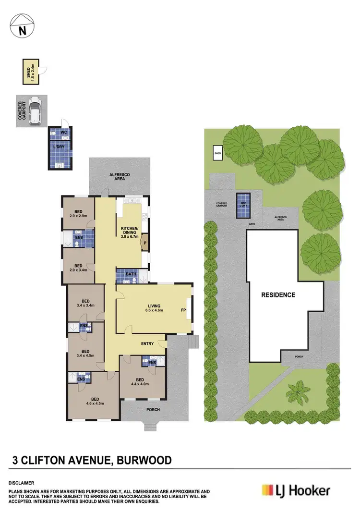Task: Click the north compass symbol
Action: tap(21, 26)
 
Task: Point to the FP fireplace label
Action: tap(183, 310)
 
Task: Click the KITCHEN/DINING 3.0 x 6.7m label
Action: tap(130, 232)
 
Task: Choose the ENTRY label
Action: tap(147, 343)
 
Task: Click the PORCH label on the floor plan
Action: tap(152, 410)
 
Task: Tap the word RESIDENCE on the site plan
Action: tap(278, 295)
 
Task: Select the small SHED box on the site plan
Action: tap(218, 153)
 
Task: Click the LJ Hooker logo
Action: tap(296, 490)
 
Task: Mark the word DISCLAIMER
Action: tap(21, 482)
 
